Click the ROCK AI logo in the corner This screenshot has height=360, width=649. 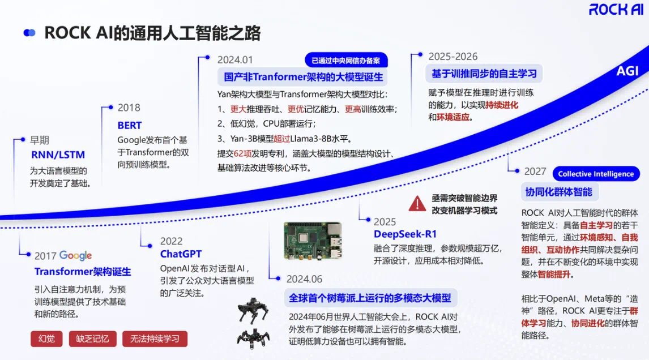(x=616, y=9)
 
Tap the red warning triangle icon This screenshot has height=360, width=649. (x=417, y=204)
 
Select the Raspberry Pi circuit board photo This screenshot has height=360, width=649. (x=313, y=241)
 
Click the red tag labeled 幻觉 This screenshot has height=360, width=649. (x=46, y=339)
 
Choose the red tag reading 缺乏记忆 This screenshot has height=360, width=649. (x=93, y=339)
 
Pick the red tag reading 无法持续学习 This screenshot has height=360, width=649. (x=155, y=339)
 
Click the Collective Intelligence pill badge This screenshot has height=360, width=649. (x=596, y=174)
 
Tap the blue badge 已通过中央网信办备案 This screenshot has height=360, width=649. (x=346, y=61)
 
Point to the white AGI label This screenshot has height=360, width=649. (x=627, y=71)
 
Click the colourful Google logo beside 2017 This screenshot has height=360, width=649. (x=75, y=256)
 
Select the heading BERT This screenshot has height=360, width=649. (x=130, y=126)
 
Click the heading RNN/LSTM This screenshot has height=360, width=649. (x=58, y=155)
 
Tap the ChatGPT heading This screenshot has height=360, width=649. (x=181, y=254)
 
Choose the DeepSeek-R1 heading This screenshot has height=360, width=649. (x=405, y=234)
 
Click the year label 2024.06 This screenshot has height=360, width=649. (x=304, y=279)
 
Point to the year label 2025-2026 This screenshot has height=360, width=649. (x=453, y=57)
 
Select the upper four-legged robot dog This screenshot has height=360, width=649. (x=253, y=311)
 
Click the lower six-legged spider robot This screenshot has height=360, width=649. (x=253, y=338)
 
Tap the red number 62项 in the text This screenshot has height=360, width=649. (x=242, y=153)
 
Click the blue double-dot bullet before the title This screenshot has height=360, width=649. (x=29, y=33)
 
